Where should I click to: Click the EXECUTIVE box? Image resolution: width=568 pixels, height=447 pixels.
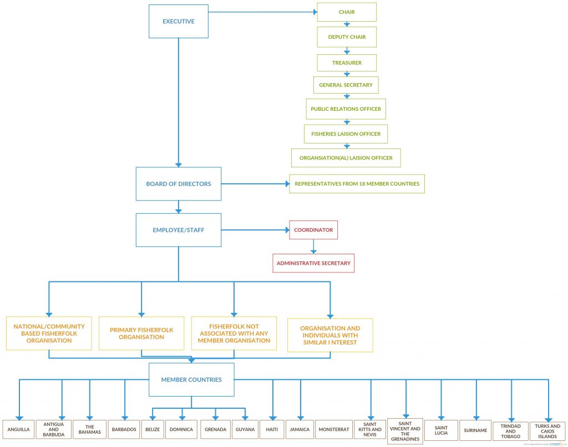click(179, 22)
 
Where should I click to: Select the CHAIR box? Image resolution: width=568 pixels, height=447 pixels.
click(347, 12)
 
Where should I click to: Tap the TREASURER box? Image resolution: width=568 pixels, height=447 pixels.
click(347, 63)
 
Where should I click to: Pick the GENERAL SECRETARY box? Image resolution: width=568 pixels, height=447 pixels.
click(346, 85)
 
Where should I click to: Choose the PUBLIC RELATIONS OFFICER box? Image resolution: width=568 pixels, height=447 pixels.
click(346, 109)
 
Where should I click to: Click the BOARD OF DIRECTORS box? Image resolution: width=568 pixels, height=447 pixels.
click(179, 184)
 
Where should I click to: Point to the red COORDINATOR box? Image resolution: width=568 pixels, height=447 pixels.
click(313, 230)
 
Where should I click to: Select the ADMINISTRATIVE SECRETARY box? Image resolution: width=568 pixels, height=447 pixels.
click(313, 263)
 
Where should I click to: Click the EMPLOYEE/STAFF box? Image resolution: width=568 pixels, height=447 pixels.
click(179, 230)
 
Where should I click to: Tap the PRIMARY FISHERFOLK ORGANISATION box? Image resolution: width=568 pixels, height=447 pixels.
click(141, 333)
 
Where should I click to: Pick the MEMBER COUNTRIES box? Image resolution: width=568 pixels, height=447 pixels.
click(191, 380)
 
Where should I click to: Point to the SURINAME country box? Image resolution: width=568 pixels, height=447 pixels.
click(475, 430)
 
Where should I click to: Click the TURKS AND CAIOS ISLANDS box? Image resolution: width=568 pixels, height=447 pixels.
click(547, 430)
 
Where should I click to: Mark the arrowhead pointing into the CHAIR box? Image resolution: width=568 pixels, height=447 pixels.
click(315, 12)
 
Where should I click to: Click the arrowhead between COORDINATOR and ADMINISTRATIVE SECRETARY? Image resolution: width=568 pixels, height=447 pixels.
click(313, 251)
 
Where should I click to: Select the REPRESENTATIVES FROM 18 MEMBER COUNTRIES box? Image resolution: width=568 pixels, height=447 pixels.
click(357, 184)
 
